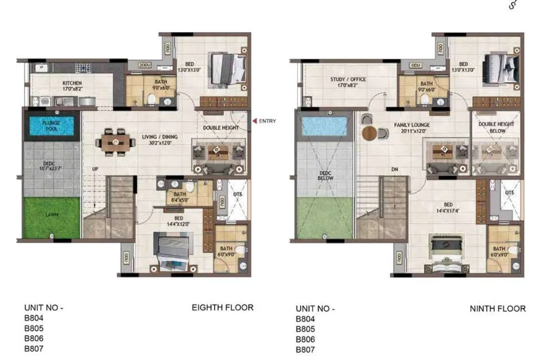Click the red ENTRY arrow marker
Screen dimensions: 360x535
255,121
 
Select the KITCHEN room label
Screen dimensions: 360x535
72,83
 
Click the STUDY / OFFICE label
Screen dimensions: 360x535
348,80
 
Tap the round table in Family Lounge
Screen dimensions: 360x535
369,133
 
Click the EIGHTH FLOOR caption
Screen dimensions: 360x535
222,308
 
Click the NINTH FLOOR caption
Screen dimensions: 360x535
497,309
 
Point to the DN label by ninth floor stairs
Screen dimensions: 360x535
394,169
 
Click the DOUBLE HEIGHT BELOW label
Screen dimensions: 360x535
496,128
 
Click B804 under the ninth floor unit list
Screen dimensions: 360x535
305,320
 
